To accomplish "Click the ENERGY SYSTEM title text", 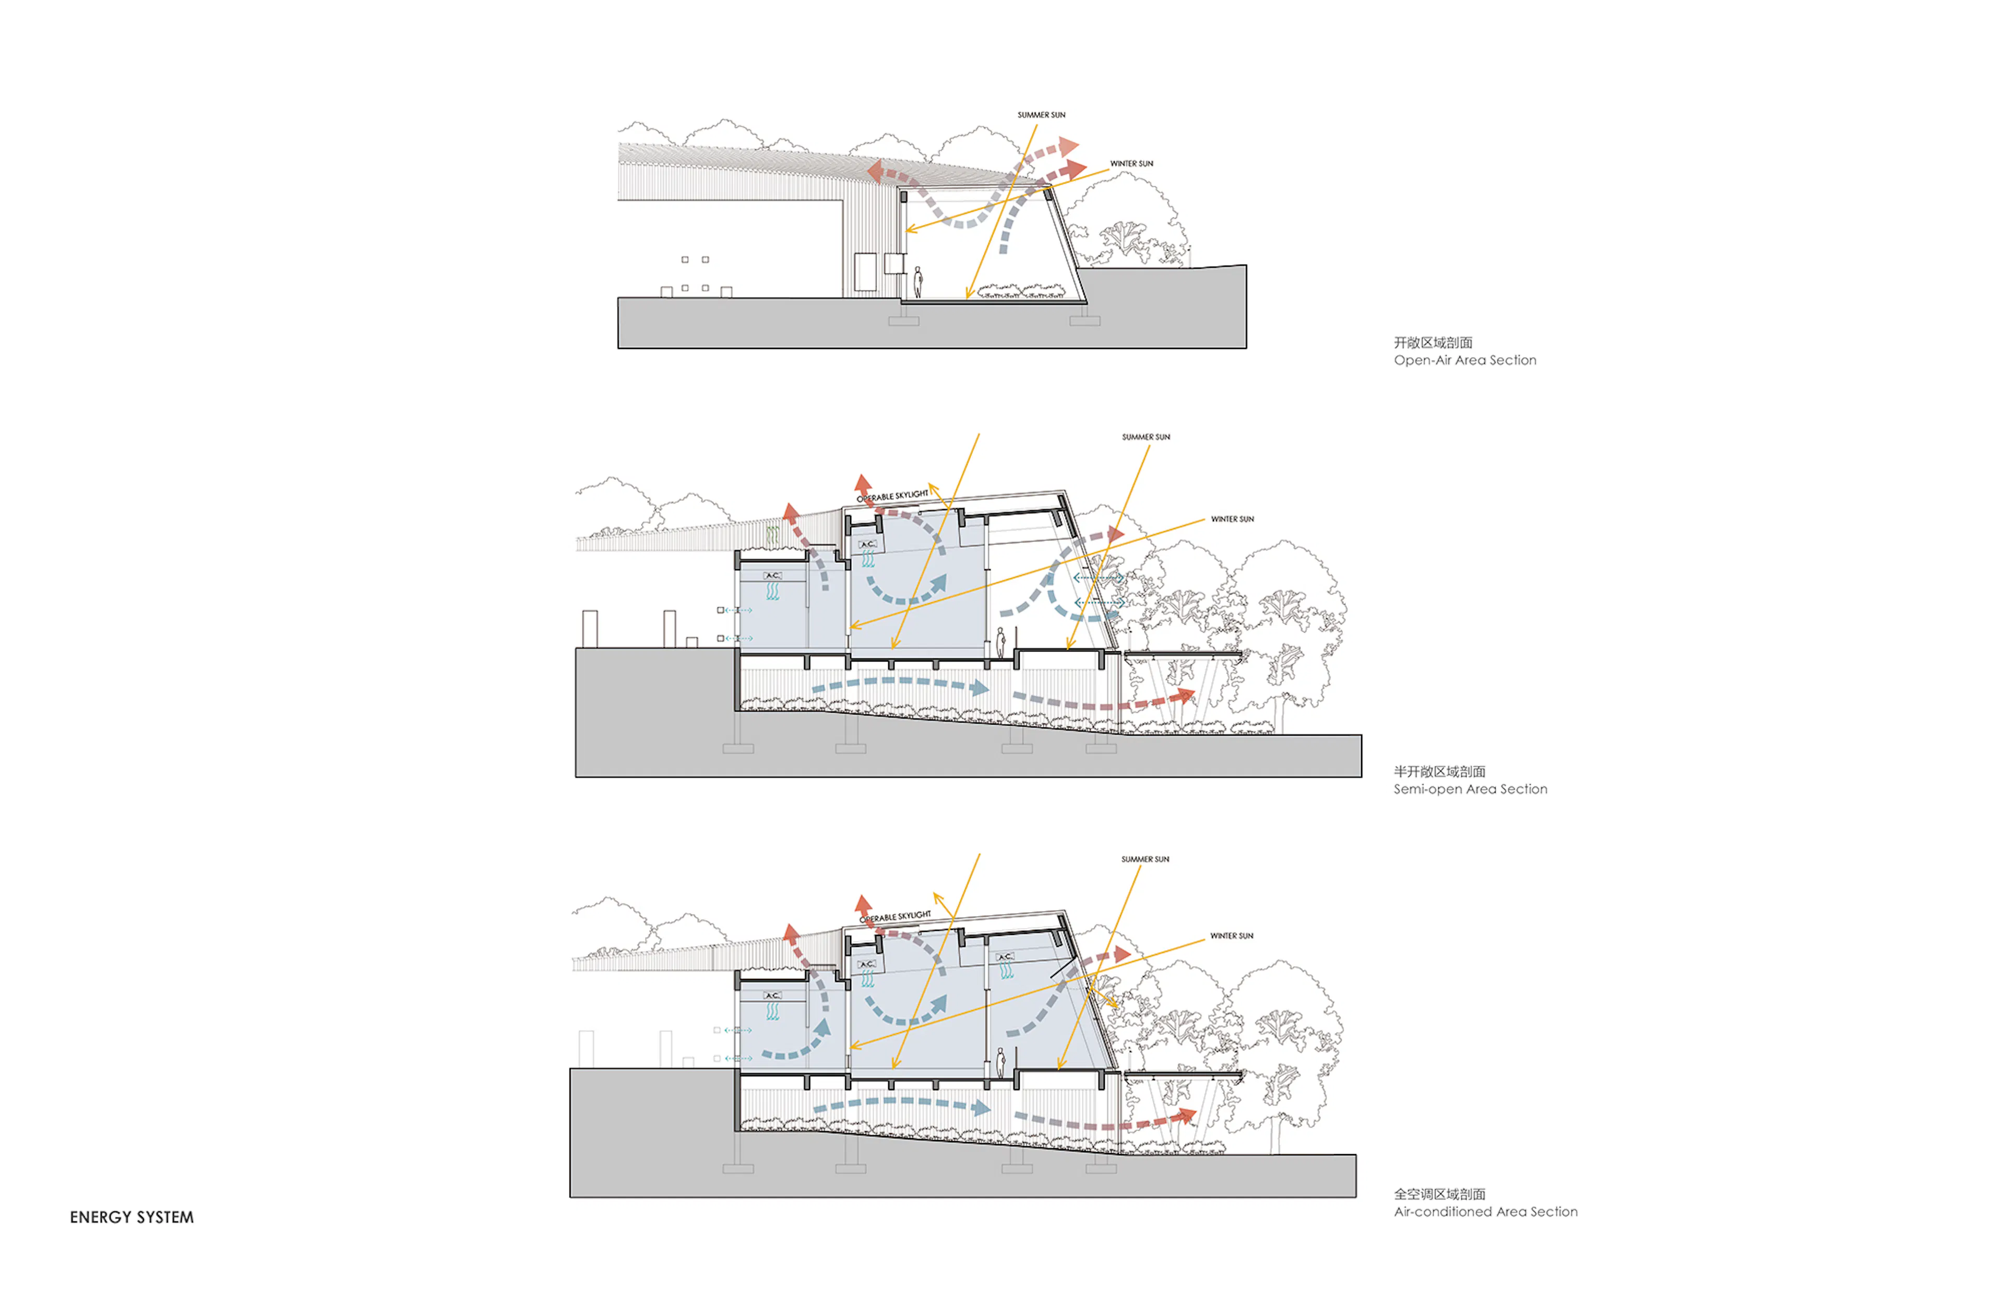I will (132, 1217).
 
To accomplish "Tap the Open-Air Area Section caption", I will (1464, 360).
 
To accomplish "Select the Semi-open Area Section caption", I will (1470, 789).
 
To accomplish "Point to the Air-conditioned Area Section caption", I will (1485, 1212).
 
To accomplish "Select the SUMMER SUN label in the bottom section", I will (1144, 859).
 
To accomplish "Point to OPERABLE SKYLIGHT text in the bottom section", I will (896, 917).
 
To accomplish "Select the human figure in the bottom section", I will (1001, 1063).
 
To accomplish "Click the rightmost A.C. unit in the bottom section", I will (1005, 957).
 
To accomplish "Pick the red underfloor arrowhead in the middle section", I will (1187, 694).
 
